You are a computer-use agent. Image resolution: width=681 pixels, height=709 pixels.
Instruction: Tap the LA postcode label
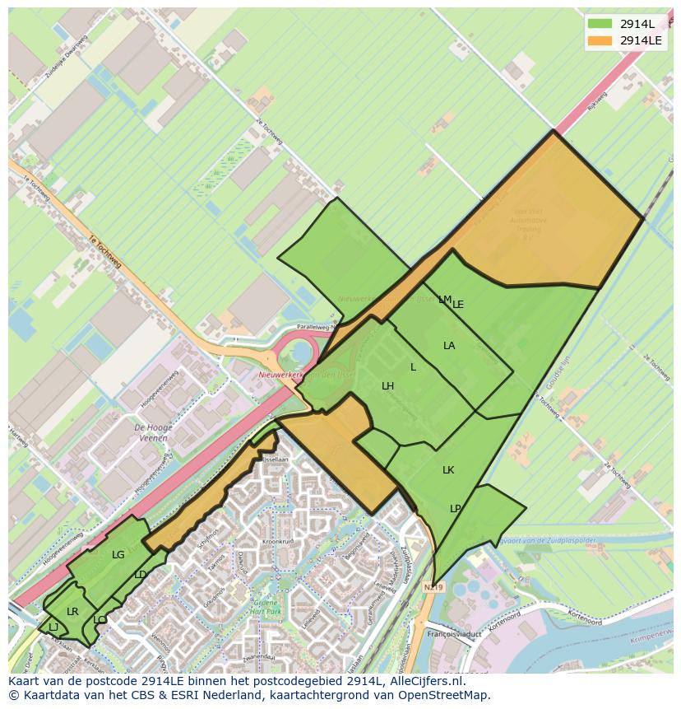pos(449,346)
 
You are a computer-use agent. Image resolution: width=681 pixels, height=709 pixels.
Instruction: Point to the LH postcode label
pos(387,386)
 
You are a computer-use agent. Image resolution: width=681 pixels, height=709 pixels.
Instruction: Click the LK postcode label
pos(448,470)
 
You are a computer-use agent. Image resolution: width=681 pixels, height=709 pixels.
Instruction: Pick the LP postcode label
pos(456,509)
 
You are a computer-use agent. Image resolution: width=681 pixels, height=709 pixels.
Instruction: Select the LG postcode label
pos(118,555)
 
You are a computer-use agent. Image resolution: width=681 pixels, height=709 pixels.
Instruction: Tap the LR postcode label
pos(72,612)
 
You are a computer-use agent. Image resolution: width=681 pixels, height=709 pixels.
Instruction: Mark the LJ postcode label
pos(53,627)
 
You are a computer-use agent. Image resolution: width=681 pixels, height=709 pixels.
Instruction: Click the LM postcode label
pos(444,300)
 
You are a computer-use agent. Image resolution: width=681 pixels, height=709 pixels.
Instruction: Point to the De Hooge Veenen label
pos(151,433)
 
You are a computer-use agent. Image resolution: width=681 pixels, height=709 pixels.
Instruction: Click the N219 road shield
pos(433,587)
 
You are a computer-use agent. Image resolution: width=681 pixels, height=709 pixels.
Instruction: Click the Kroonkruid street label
pos(278,542)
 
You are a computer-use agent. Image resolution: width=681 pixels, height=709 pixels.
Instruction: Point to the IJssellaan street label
pos(276,459)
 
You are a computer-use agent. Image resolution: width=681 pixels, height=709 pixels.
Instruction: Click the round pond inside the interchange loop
pos(302,353)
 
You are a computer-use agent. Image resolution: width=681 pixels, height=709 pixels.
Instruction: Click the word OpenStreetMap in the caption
pos(447,695)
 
